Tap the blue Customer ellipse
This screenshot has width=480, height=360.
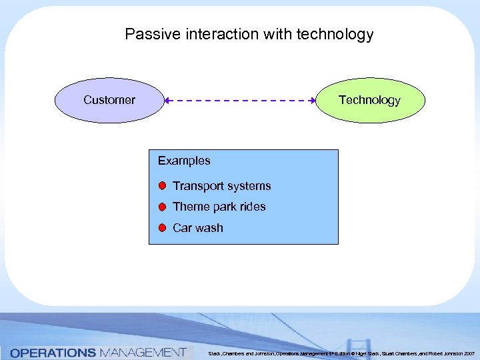(x=109, y=100)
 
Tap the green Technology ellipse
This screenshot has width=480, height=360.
(x=369, y=100)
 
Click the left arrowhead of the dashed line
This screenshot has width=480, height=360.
(x=168, y=101)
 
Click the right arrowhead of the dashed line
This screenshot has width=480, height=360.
(x=313, y=101)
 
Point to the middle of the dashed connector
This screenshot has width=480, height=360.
(x=241, y=101)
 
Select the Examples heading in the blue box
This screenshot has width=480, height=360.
(x=184, y=161)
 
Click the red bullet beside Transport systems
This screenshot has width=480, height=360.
(x=162, y=185)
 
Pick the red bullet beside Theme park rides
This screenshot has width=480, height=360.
(x=162, y=207)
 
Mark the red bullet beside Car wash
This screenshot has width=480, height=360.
(x=162, y=227)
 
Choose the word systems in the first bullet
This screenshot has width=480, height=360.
(x=249, y=186)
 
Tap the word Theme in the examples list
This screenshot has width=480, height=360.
(x=189, y=207)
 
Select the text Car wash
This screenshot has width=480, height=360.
(x=198, y=228)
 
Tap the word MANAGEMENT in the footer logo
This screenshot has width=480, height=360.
(x=142, y=352)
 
